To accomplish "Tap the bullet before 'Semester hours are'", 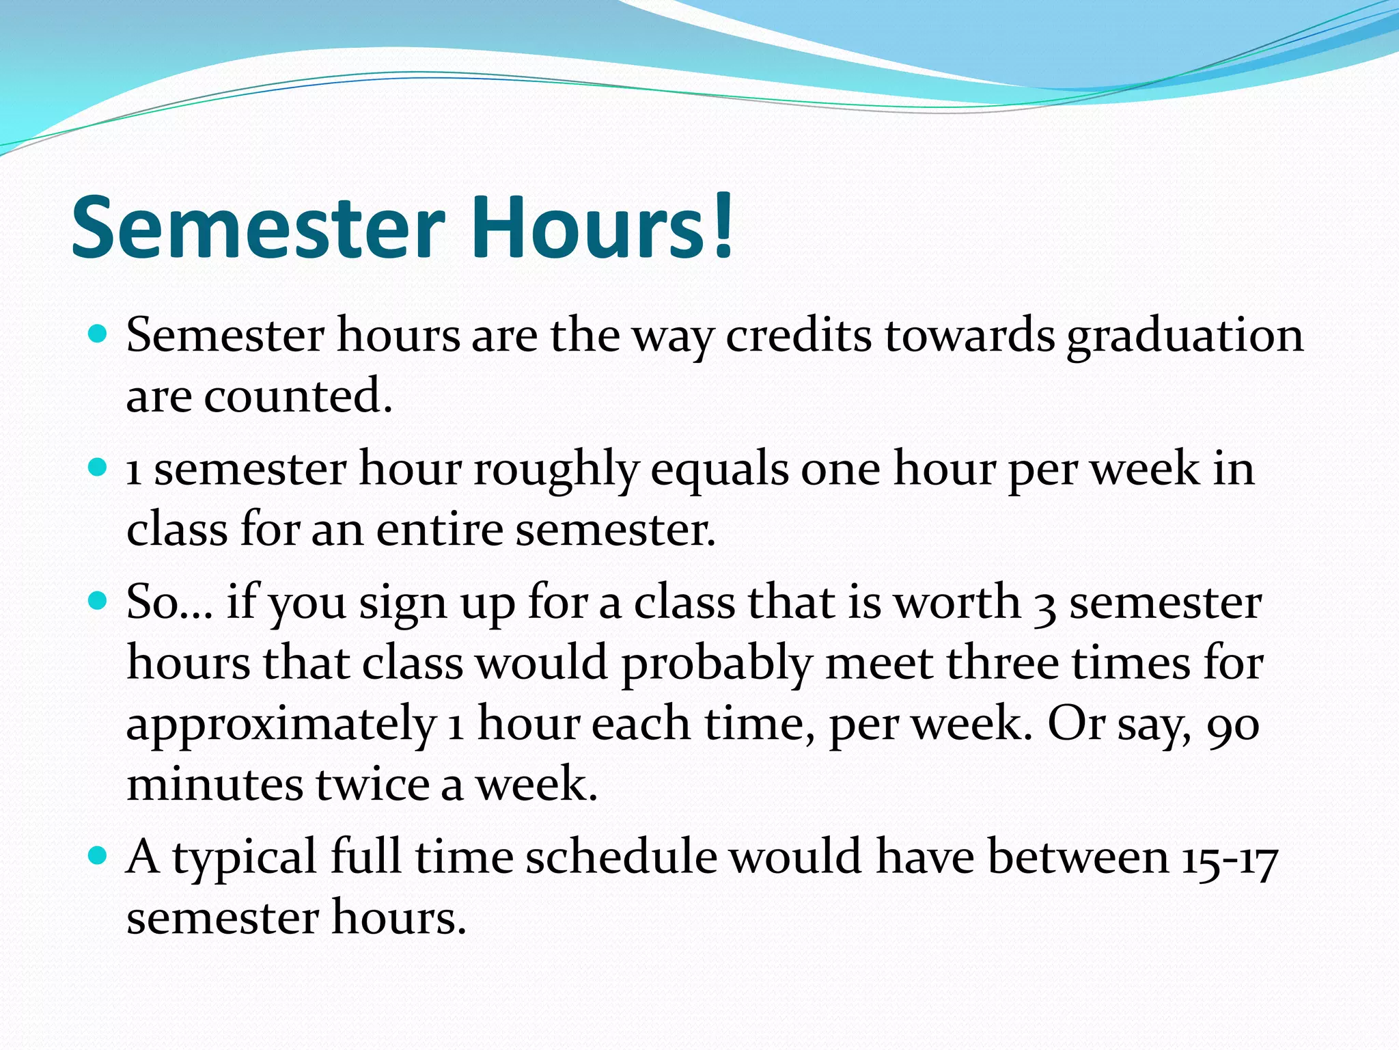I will [x=99, y=335].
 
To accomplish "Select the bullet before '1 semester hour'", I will [x=99, y=468].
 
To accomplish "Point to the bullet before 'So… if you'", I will [x=99, y=602].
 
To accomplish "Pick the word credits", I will [x=799, y=336].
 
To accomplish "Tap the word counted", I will [x=298, y=396].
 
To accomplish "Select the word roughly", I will [x=556, y=471].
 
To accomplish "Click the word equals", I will [x=719, y=471].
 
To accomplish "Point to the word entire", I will [x=439, y=530].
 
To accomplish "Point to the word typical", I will [x=245, y=859].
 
